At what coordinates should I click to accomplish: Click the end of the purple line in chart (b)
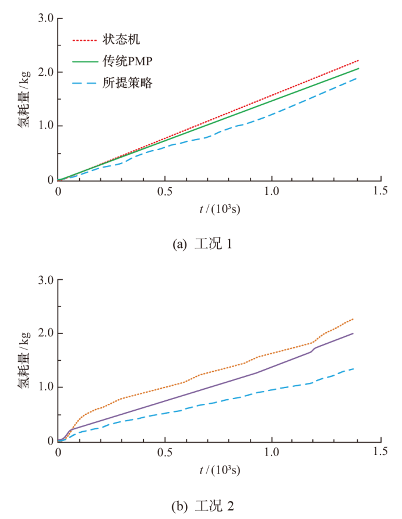coord(353,333)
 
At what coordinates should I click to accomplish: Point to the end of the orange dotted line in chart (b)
coord(353,319)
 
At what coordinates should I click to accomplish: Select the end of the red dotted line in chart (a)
coord(358,61)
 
